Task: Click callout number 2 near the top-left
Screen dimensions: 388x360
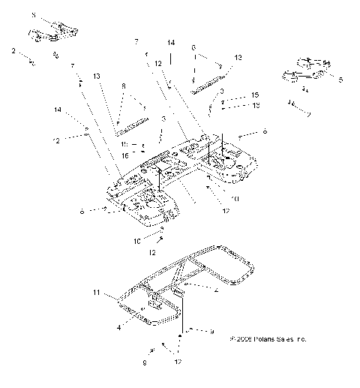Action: (x=13, y=50)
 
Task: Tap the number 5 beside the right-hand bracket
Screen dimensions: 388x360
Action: (x=340, y=79)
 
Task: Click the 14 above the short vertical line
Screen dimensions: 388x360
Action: (x=171, y=43)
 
